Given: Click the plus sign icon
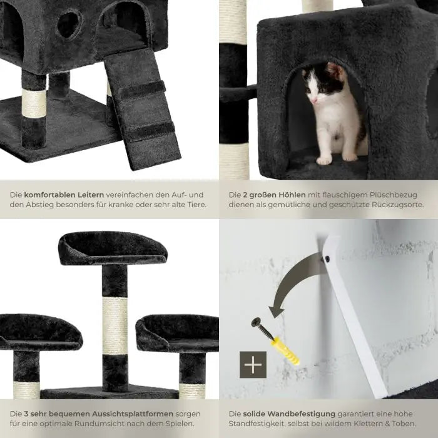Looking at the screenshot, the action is tap(253, 365).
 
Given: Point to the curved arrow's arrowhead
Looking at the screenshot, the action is tap(277, 310).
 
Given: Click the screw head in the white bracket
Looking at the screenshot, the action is tap(327, 259).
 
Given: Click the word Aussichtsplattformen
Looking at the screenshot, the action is tap(133, 414).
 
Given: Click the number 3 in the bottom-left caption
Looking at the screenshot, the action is tap(26, 414).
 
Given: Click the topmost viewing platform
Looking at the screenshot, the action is tap(113, 248).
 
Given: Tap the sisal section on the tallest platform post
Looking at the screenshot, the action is tap(115, 325).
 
